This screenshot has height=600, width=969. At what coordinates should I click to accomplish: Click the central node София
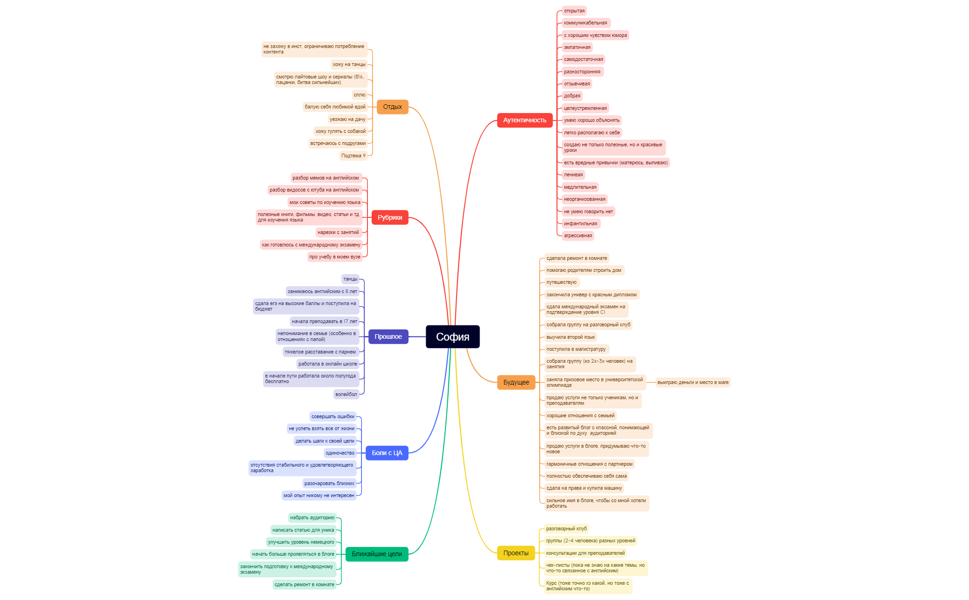pyautogui.click(x=452, y=337)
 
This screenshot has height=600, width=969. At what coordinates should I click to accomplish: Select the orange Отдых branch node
pyautogui.click(x=392, y=107)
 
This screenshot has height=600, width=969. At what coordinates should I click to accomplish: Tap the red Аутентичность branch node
pyautogui.click(x=524, y=120)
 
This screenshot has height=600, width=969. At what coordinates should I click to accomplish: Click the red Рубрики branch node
pyautogui.click(x=390, y=217)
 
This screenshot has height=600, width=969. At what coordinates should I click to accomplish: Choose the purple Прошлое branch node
pyautogui.click(x=388, y=336)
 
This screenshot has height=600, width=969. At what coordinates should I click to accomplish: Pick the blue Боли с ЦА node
pyautogui.click(x=387, y=453)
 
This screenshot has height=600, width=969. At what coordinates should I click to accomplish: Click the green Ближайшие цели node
pyautogui.click(x=377, y=554)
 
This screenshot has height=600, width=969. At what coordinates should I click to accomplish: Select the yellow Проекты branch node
pyautogui.click(x=516, y=553)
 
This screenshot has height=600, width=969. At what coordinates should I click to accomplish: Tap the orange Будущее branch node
pyautogui.click(x=516, y=382)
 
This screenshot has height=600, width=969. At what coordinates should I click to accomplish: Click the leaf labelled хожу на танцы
pyautogui.click(x=349, y=64)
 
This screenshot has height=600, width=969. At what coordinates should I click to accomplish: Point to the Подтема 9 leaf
pyautogui.click(x=353, y=156)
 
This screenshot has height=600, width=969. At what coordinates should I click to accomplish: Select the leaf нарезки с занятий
pyautogui.click(x=338, y=232)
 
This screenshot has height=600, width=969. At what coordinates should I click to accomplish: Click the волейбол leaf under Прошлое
pyautogui.click(x=346, y=394)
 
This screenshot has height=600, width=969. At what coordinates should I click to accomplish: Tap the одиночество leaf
pyautogui.click(x=340, y=453)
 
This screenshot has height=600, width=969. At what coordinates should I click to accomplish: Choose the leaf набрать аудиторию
pyautogui.click(x=313, y=517)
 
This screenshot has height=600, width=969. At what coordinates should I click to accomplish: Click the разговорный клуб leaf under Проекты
pyautogui.click(x=566, y=528)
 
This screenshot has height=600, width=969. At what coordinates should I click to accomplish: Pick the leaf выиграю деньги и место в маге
pyautogui.click(x=693, y=382)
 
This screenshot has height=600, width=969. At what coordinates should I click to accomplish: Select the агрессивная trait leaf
pyautogui.click(x=578, y=235)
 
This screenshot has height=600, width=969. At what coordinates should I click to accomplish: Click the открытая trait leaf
pyautogui.click(x=574, y=11)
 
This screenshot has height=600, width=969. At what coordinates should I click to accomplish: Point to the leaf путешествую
pyautogui.click(x=561, y=282)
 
